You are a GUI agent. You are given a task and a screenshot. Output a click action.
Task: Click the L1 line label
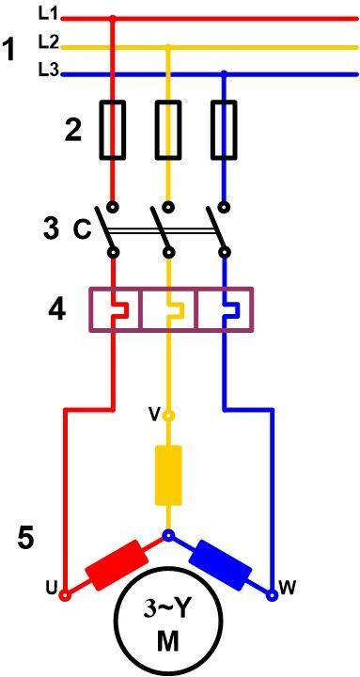(x=48, y=13)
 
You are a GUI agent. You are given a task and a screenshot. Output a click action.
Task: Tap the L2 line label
(x=49, y=41)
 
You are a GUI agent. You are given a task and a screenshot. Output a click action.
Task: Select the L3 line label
(x=49, y=69)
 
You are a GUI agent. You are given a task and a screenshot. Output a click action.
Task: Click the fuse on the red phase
(x=113, y=130)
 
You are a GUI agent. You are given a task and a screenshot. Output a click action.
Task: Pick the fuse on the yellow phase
(x=168, y=130)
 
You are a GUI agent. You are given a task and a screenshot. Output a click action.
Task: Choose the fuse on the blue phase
(x=224, y=130)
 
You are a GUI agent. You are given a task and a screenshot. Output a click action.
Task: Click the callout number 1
(x=10, y=50)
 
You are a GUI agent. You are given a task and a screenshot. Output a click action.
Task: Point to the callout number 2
(x=72, y=131)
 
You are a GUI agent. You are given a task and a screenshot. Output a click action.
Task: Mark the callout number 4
(x=56, y=309)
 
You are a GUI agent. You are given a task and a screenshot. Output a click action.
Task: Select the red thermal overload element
(x=114, y=310)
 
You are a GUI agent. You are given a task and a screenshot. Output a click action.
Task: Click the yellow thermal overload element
(x=169, y=310)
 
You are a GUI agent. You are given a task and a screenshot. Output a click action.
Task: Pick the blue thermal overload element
(x=225, y=310)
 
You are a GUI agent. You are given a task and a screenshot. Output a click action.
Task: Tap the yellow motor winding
(x=169, y=476)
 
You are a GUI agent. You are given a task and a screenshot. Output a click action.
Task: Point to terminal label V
(x=154, y=414)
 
